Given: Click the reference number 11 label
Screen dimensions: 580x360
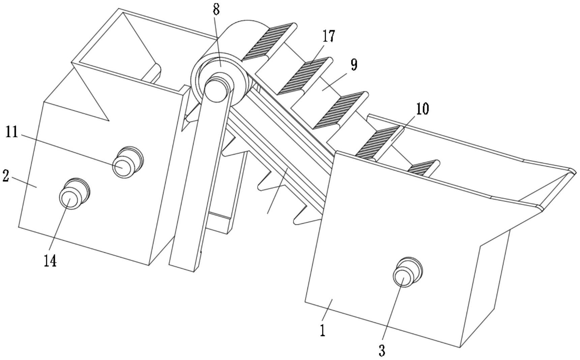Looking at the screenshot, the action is click(x=12, y=132).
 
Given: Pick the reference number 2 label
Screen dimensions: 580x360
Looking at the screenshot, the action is click(x=6, y=176).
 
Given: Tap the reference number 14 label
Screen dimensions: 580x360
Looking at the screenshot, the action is click(x=50, y=260).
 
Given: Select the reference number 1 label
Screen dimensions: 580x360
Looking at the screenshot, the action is click(x=323, y=330).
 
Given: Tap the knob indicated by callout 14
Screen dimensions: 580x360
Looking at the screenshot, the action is click(x=74, y=193).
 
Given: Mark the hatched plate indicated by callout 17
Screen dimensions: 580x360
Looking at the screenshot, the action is click(x=306, y=75).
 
